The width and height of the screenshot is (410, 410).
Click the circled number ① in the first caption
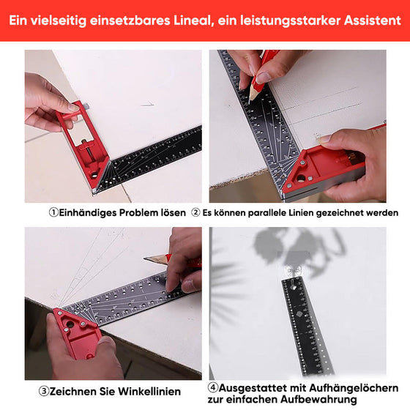click(x=53, y=213)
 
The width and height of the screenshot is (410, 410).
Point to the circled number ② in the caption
click(x=195, y=213)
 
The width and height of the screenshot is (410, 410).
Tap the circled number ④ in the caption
click(x=213, y=387)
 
